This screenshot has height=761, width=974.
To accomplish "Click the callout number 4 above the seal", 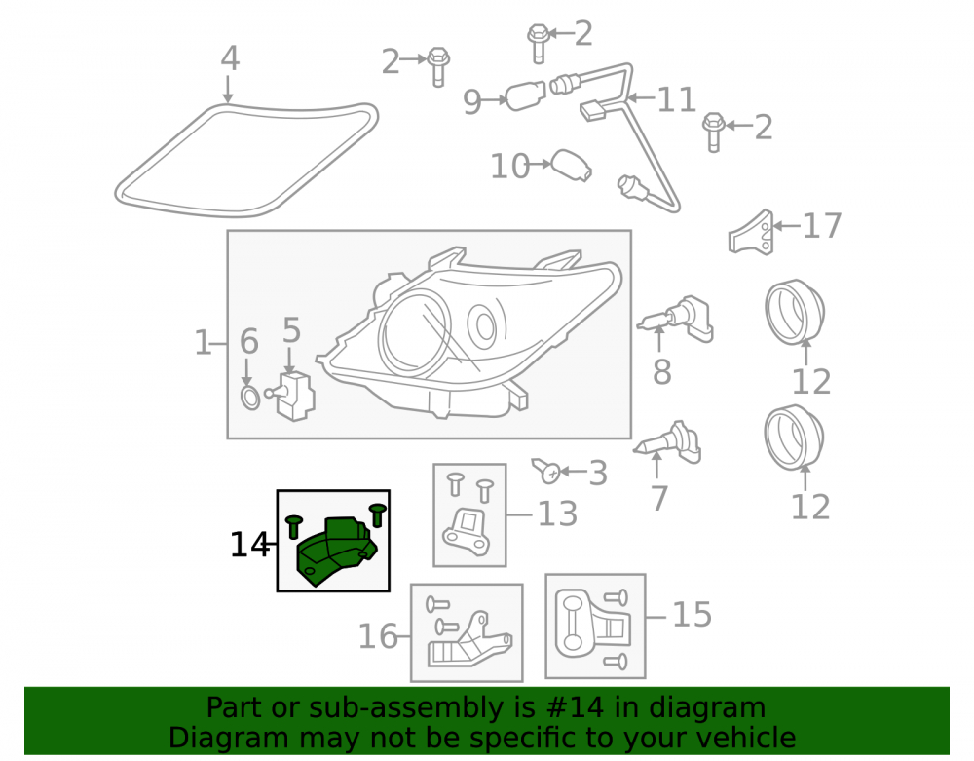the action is coord(230,58).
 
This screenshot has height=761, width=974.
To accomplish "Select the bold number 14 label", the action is coord(249,545).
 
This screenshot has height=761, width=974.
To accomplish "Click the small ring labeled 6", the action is coord(249,398).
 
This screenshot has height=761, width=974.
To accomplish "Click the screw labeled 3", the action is coord(545,471).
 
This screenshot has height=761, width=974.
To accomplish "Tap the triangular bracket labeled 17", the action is coord(752,233).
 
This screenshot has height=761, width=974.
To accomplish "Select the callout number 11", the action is coord(676,100).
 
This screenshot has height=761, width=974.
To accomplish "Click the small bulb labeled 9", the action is coord(526,96).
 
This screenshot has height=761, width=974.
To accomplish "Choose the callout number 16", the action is coord(378,636).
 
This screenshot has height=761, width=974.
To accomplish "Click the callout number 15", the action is coord(692,615).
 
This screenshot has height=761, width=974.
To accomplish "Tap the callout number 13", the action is coord(557,514).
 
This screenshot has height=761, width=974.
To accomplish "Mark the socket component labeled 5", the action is coord(294,396).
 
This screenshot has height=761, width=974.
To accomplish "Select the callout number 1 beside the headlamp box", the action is coord(203,342).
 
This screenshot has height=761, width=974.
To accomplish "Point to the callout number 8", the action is coord(661,371).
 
